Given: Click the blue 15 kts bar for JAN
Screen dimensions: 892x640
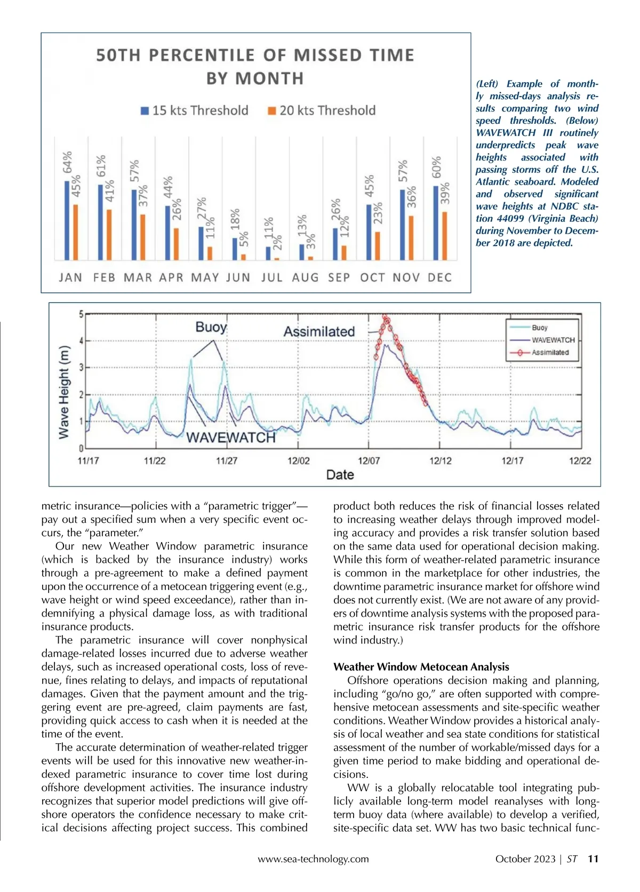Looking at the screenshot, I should click(x=67, y=220).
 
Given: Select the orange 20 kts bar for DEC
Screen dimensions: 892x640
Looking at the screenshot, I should click(x=445, y=236).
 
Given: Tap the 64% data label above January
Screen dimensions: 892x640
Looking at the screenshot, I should click(x=68, y=163).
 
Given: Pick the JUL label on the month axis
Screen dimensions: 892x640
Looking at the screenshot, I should click(x=271, y=277).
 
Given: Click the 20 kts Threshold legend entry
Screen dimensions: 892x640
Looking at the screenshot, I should click(x=322, y=110).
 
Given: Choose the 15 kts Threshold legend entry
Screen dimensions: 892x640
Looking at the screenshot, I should click(x=195, y=110).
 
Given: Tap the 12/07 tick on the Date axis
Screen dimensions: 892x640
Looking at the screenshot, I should click(x=369, y=461).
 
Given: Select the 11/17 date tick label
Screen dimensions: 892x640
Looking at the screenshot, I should click(x=88, y=461).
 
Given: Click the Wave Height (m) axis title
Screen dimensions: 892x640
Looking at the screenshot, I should click(x=64, y=392).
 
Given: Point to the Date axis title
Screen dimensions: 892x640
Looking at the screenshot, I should click(x=340, y=475).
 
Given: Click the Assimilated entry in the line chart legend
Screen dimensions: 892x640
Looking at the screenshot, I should click(x=549, y=353).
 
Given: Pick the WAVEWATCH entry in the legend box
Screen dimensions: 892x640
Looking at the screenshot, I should click(x=553, y=340).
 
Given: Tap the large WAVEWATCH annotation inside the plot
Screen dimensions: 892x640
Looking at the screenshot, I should click(x=231, y=437).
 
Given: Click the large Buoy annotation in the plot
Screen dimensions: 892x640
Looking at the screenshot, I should click(x=211, y=327).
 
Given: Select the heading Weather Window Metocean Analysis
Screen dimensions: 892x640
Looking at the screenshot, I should click(x=421, y=667).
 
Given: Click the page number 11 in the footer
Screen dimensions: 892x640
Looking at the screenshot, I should click(x=593, y=859).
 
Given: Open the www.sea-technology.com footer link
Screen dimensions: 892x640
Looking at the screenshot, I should click(x=313, y=859).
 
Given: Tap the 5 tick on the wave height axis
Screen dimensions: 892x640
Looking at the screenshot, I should click(x=81, y=314).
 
